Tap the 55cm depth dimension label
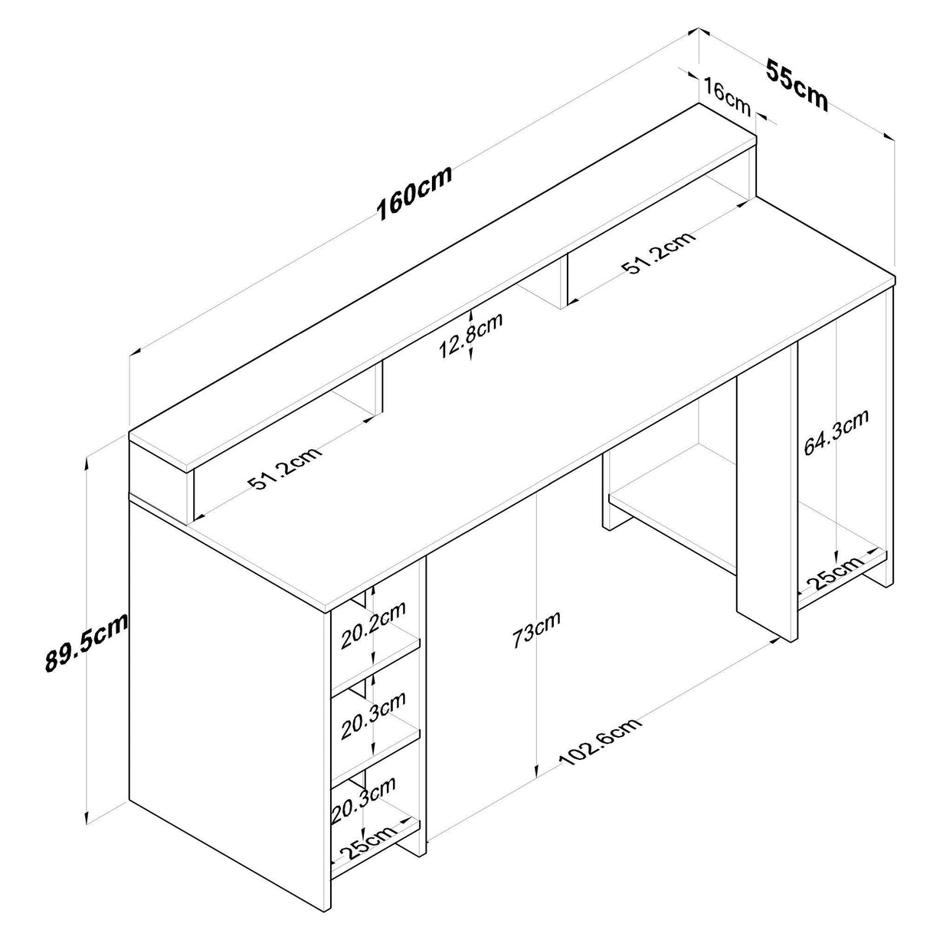(797, 85)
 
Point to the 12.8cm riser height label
(470, 337)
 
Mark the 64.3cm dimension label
(836, 434)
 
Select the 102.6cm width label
(599, 742)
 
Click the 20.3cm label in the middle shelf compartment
(373, 716)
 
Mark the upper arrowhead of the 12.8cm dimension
(471, 313)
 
